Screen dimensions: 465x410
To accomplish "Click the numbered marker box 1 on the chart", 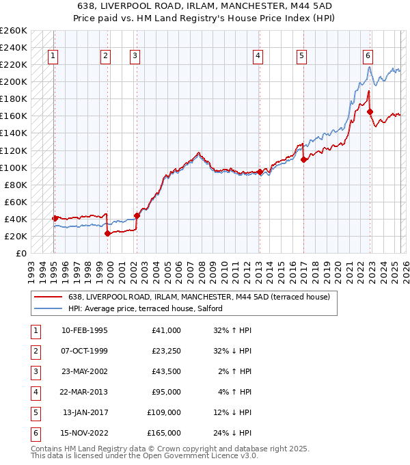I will (53, 57).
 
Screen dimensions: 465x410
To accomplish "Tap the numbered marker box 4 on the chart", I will (258, 57).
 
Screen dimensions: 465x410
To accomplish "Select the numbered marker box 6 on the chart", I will (368, 57).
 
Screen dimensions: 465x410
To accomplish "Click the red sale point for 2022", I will (370, 111).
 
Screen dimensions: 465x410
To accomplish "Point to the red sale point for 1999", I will (108, 233).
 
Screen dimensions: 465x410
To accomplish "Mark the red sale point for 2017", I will (303, 159).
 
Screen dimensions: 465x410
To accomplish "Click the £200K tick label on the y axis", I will (14, 82).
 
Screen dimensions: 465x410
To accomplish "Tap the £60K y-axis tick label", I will (16, 202).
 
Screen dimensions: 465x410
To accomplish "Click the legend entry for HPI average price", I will (150, 308).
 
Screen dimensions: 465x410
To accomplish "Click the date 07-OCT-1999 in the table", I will (85, 351).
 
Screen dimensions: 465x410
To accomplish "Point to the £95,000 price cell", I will (166, 392).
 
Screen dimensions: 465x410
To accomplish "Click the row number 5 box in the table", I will (34, 412).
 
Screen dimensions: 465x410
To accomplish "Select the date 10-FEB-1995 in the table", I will (85, 330).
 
